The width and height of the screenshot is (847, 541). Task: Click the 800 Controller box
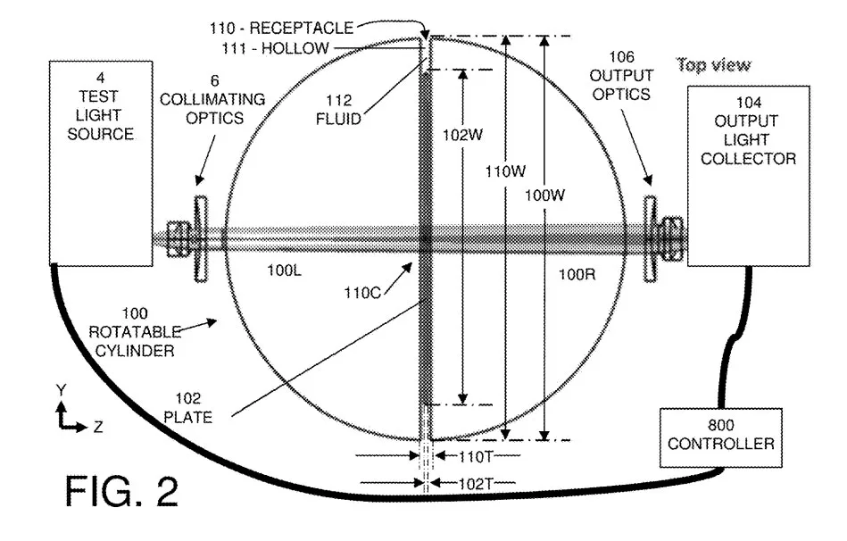pos(720,437)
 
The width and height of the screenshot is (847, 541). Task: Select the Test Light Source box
pos(101,163)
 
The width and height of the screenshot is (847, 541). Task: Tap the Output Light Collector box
pos(748,176)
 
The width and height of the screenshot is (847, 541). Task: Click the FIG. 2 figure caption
pos(121,491)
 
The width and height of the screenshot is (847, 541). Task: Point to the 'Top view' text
pos(714,65)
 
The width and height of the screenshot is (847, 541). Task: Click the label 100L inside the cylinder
pos(284,270)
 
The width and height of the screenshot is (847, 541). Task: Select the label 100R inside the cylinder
pos(577,275)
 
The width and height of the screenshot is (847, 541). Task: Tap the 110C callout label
pos(362,293)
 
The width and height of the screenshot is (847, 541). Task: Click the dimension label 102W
pos(462,135)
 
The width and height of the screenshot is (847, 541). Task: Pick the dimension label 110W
pos(505,172)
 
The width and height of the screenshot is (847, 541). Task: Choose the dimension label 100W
pos(544,196)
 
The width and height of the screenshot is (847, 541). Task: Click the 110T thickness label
pos(476,457)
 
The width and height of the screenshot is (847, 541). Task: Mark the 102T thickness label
pos(476,484)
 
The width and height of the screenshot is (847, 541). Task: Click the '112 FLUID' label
pos(338,110)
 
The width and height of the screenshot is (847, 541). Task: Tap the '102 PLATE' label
pos(188,408)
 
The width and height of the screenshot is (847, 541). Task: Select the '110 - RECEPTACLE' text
pos(281,28)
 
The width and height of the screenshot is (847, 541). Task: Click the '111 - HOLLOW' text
pos(275,48)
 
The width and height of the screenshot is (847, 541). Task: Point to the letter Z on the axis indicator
pos(98,428)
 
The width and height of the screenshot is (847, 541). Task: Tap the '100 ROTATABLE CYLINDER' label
pos(135,332)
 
